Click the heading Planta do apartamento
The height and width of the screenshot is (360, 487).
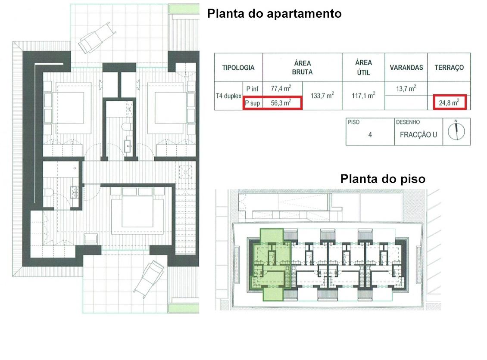pyautogui.click(x=274, y=14)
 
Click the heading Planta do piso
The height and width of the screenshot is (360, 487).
pyautogui.click(x=383, y=179)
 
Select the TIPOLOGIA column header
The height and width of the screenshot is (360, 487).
pyautogui.click(x=238, y=68)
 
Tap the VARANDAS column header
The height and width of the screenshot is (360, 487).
pyautogui.click(x=406, y=68)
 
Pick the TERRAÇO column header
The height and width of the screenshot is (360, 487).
pyautogui.click(x=449, y=68)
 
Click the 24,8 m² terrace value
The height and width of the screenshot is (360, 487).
pyautogui.click(x=449, y=102)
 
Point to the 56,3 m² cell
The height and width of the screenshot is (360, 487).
pyautogui.click(x=281, y=103)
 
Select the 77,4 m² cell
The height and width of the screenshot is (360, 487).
pyautogui.click(x=281, y=88)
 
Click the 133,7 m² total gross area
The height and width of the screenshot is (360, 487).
pyautogui.click(x=322, y=96)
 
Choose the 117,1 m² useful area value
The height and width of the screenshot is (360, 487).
pyautogui.click(x=363, y=96)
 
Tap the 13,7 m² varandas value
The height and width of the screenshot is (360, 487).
pyautogui.click(x=406, y=88)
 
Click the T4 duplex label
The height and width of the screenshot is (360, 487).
pyautogui.click(x=228, y=96)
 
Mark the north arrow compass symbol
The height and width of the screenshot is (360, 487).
pyautogui.click(x=456, y=131)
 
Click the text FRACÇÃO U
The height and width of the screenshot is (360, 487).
pyautogui.click(x=418, y=135)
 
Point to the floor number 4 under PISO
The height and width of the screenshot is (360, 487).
pyautogui.click(x=370, y=135)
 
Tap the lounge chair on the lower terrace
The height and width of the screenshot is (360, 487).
pyautogui.click(x=149, y=279)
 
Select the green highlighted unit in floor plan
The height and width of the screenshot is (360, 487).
pyautogui.click(x=271, y=264)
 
